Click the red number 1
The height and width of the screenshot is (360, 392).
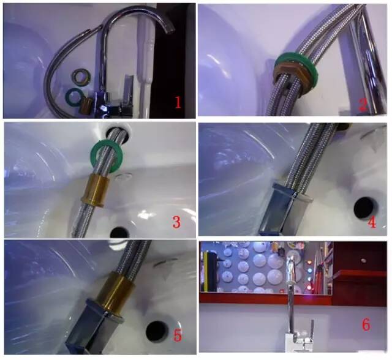pyautogui.click(x=178, y=102)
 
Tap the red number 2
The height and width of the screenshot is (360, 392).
pyautogui.click(x=363, y=105)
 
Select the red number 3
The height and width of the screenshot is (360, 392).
pyautogui.click(x=176, y=222)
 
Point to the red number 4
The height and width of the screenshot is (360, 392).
pyautogui.click(x=372, y=222)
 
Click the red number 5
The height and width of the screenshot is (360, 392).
pyautogui.click(x=177, y=336)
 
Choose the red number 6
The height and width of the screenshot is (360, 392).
pyautogui.click(x=366, y=324)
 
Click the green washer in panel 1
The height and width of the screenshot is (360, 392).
pyautogui.click(x=73, y=96)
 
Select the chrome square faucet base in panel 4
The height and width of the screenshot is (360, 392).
pyautogui.click(x=283, y=209)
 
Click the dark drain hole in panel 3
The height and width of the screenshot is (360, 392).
pyautogui.click(x=119, y=232)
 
